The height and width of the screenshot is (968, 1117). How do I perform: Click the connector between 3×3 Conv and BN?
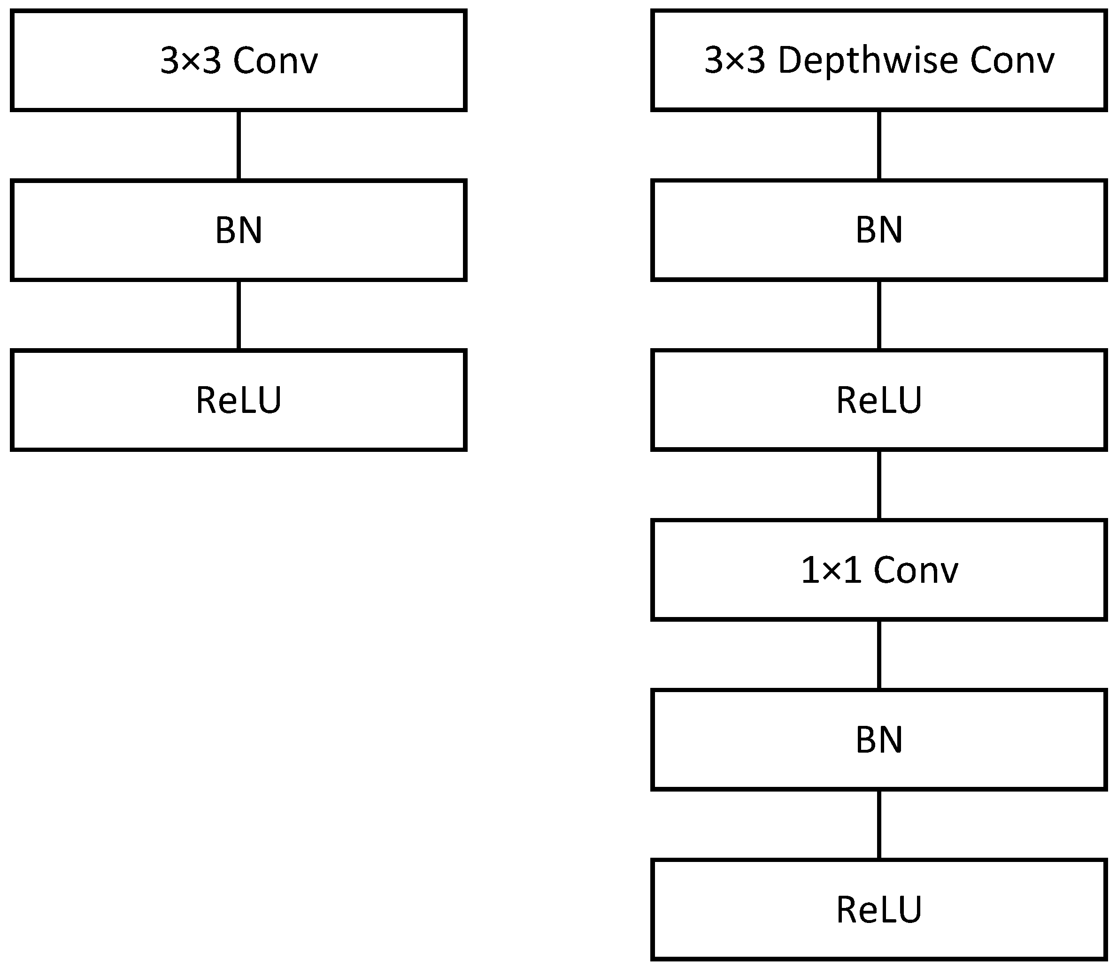click(x=239, y=145)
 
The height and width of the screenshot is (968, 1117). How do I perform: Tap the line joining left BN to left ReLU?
click(x=239, y=315)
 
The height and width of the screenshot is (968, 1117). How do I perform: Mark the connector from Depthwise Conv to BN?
click(x=879, y=145)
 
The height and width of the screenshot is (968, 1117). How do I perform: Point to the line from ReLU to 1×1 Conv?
click(x=879, y=485)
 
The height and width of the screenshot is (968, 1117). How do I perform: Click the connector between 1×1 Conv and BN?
click(x=879, y=655)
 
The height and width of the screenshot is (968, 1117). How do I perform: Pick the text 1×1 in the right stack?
click(x=831, y=571)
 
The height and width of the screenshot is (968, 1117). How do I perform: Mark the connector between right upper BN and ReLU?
click(x=879, y=315)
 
